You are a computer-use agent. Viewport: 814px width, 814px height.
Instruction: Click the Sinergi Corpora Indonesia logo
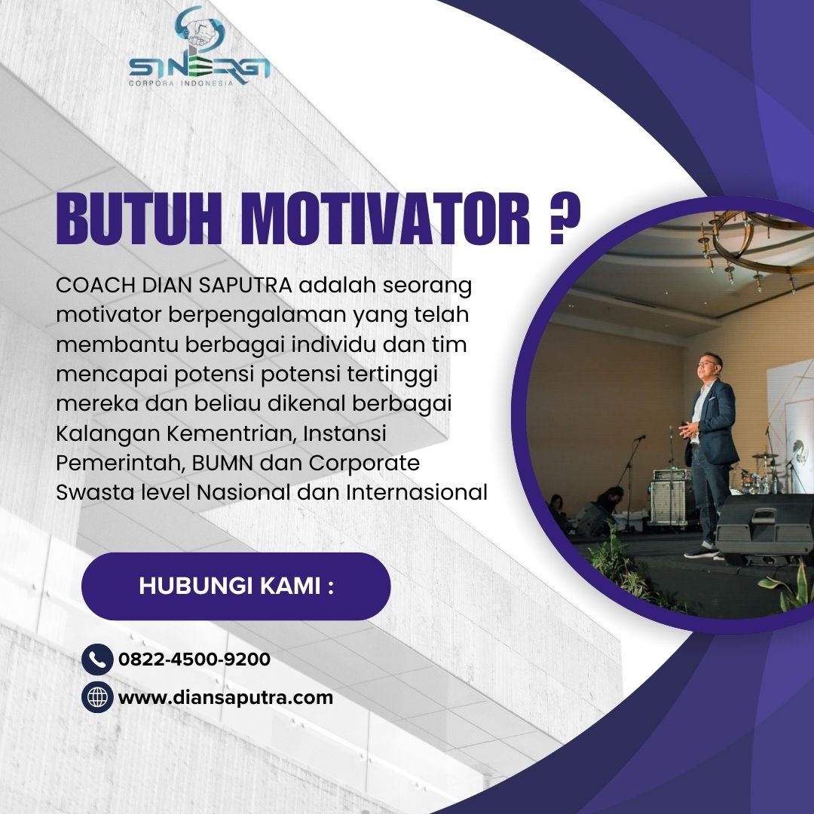coord(200,47)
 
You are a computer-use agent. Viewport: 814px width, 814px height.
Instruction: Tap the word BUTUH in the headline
coord(139,219)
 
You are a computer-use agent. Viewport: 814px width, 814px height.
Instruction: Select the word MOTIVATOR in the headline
coord(385,219)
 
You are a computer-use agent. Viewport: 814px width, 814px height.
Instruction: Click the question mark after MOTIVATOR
coord(564,219)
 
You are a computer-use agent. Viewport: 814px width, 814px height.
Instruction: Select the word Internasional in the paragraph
coord(417,492)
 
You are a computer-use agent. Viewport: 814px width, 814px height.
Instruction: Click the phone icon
coord(97,659)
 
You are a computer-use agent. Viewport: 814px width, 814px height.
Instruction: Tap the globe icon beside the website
coord(97,696)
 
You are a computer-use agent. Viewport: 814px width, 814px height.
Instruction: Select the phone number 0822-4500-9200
coord(194,659)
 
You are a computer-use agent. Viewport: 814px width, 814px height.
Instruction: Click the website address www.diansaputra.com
coord(225,697)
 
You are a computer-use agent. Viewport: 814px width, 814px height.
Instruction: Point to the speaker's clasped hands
coord(688,430)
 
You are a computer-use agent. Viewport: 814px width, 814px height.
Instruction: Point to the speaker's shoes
coord(702,552)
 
